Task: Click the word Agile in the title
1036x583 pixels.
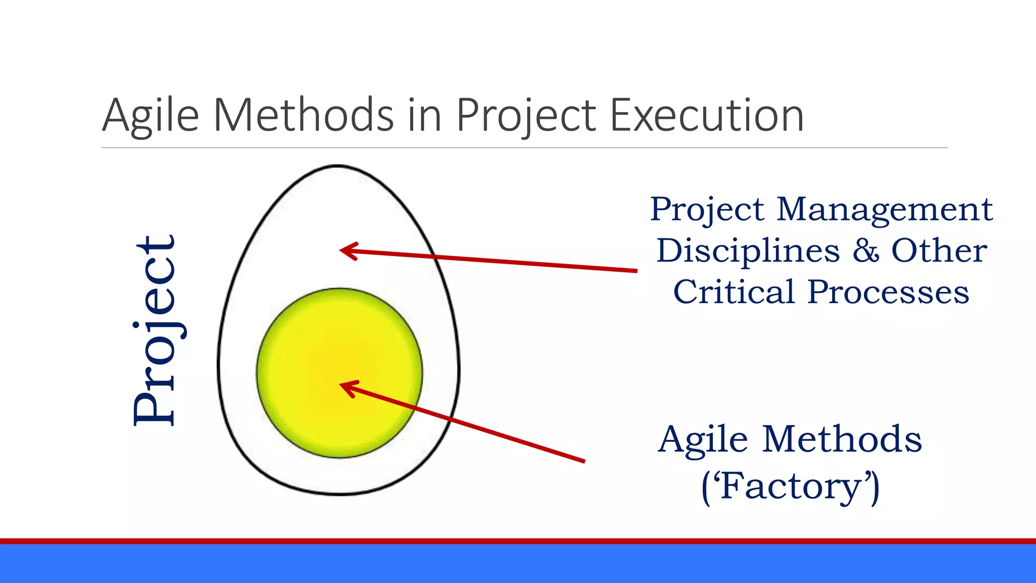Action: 151,115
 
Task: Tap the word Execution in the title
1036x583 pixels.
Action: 707,115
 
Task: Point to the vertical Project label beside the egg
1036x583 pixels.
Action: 156,331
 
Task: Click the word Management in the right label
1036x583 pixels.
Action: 884,210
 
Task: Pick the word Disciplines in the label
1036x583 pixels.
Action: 748,251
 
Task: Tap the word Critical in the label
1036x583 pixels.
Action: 733,292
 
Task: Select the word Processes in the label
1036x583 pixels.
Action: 888,292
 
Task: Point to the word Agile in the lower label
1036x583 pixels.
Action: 703,439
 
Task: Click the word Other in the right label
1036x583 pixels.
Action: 938,251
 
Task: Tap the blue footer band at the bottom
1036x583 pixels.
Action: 518,564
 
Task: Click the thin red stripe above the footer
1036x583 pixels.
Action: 518,541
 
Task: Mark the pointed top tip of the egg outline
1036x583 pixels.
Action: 337,165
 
